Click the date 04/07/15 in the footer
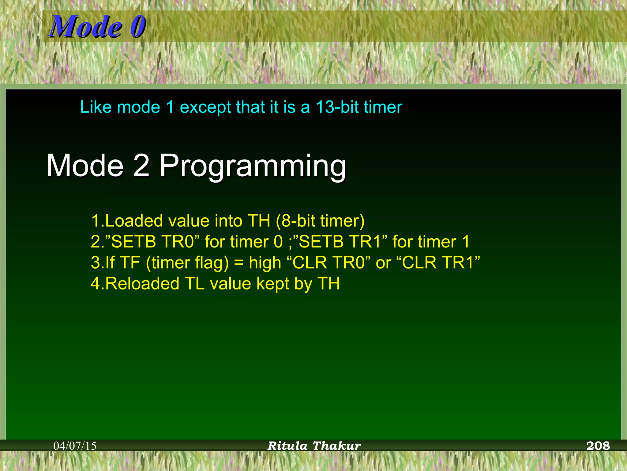pyautogui.click(x=75, y=446)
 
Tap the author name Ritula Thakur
pyautogui.click(x=314, y=446)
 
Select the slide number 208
pyautogui.click(x=598, y=446)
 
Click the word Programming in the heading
pyautogui.click(x=253, y=166)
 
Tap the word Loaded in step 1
pyautogui.click(x=134, y=221)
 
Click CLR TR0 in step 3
pyautogui.click(x=329, y=262)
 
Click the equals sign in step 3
pyautogui.click(x=239, y=263)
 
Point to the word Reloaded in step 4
pyautogui.click(x=142, y=283)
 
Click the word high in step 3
pyautogui.click(x=265, y=263)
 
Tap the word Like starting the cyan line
pyautogui.click(x=96, y=107)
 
